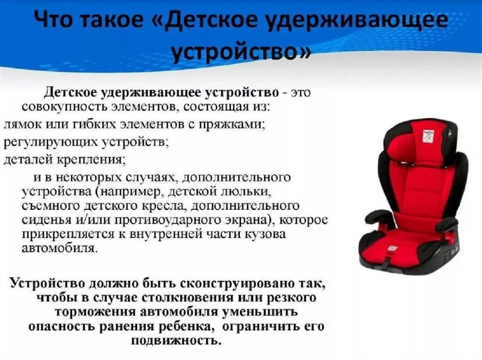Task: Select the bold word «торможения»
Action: click(95, 313)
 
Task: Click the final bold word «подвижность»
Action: click(175, 341)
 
